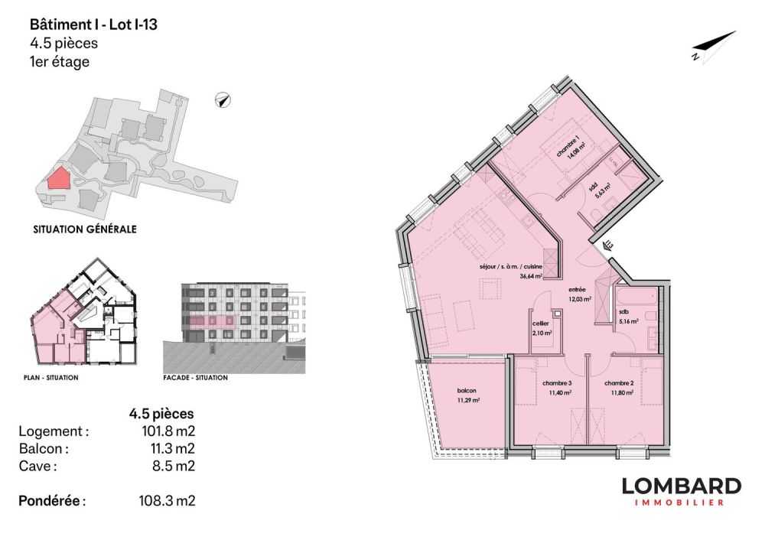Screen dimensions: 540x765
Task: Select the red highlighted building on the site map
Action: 57,179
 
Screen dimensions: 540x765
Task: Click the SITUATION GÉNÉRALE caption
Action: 85,229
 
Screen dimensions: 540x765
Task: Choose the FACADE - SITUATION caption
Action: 196,378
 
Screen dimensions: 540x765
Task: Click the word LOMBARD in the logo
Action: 681,486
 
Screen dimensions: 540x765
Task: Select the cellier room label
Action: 542,324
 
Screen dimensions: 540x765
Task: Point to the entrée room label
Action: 577,290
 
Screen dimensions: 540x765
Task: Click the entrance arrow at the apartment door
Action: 607,246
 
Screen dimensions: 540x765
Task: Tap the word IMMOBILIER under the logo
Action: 681,503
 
